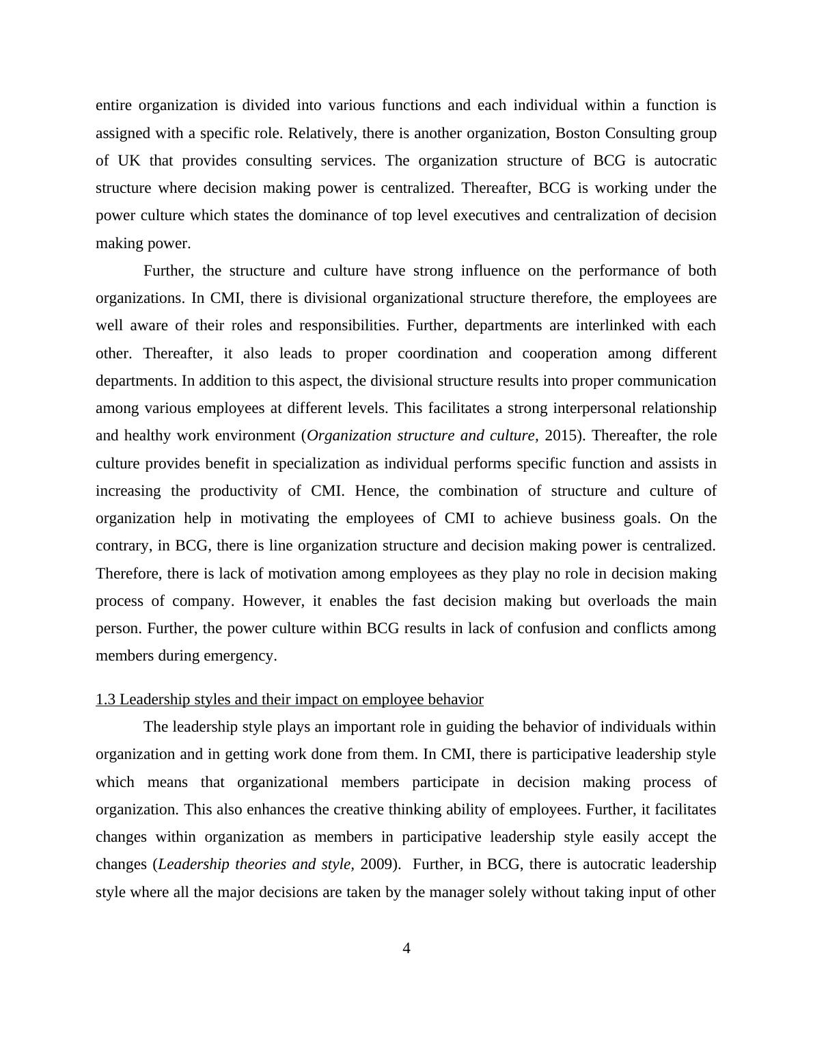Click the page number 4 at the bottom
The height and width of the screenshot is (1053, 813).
[406, 948]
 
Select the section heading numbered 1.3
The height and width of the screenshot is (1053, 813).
[289, 699]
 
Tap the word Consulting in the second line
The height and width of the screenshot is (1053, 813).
[639, 133]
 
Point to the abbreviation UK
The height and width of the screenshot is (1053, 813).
[128, 161]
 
